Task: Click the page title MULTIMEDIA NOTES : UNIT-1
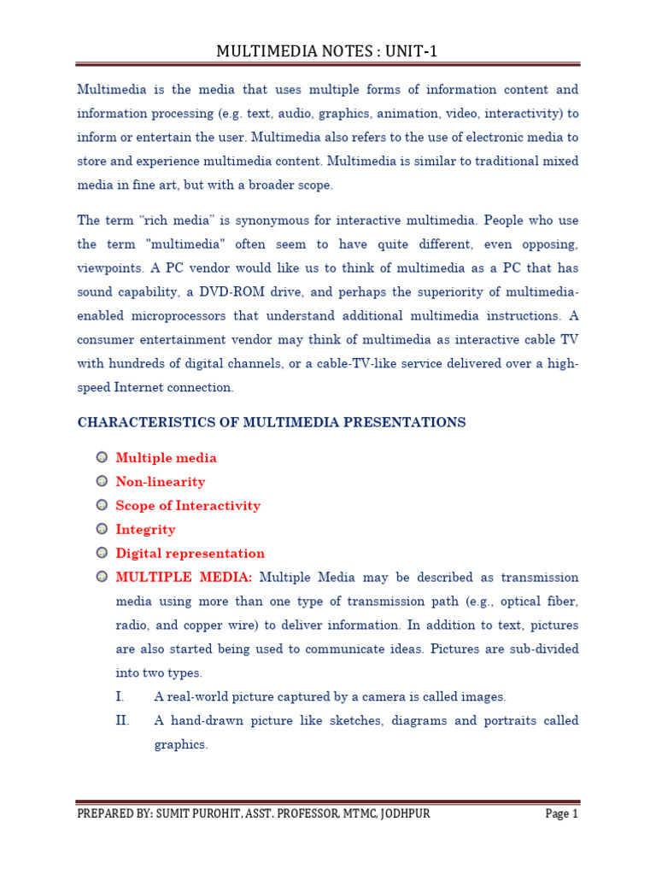(x=327, y=52)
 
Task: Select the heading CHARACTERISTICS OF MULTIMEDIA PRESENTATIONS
(x=272, y=422)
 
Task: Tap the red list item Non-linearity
(x=161, y=482)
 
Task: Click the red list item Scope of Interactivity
(x=188, y=506)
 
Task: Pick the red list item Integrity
(x=145, y=530)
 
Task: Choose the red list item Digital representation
(x=190, y=554)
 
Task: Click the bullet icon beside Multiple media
(x=102, y=458)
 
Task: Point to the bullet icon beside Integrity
(x=102, y=530)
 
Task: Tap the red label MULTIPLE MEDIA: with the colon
(x=184, y=578)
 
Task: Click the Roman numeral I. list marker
(x=120, y=696)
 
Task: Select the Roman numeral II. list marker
(x=122, y=720)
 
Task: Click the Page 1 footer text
(x=562, y=813)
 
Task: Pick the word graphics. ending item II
(x=181, y=744)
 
